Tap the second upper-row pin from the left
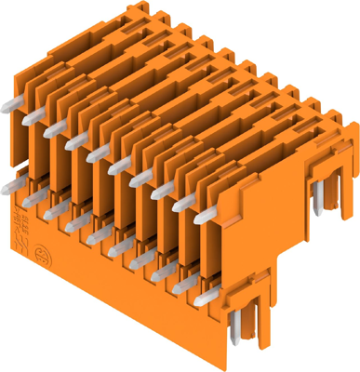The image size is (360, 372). coord(36,114)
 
